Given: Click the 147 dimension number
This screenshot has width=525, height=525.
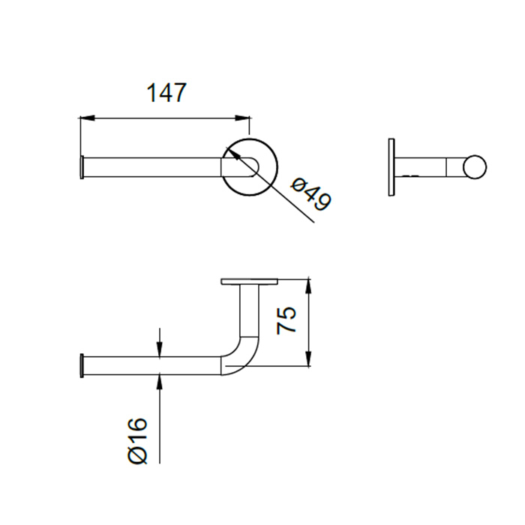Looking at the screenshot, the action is point(166,92).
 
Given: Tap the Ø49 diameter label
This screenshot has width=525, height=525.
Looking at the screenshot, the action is point(311,194).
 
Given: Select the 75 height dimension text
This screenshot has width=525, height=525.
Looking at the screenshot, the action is point(286,320).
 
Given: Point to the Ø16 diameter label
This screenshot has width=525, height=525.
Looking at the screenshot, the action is point(137,441).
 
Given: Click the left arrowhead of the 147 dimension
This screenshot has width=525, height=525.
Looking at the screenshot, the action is point(87,118).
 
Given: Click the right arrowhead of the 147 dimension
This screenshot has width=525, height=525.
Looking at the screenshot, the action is point(242,118).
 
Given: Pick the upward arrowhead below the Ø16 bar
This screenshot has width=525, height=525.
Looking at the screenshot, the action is point(160,382).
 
